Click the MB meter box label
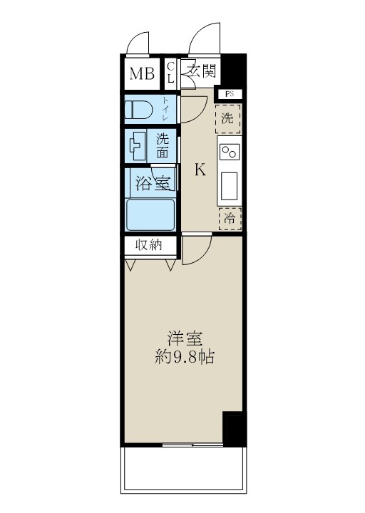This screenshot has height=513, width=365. point(141,73)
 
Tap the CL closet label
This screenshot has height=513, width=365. point(170,73)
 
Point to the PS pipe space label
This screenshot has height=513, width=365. point(229,94)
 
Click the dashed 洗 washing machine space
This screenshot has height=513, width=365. point(228,117)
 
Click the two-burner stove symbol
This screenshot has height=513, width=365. point(230,153)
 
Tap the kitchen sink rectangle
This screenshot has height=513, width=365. point(230,186)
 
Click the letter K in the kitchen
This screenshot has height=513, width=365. point(200,170)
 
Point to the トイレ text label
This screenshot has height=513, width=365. point(166,109)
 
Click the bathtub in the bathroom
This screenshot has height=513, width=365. point(150,214)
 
